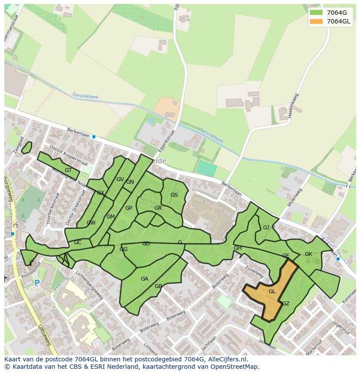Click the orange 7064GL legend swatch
pyautogui.click(x=317, y=22)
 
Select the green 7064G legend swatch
pyautogui.click(x=317, y=13)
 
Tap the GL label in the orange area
pyautogui.click(x=272, y=291)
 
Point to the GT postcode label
pyautogui.click(x=68, y=170)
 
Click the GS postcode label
pyautogui.click(x=174, y=195)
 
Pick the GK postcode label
pyautogui.click(x=308, y=254)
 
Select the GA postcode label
pyautogui.click(x=144, y=279)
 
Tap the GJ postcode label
pyautogui.click(x=266, y=228)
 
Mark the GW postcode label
pyautogui.click(x=91, y=223)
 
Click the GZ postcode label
pyautogui.click(x=286, y=304)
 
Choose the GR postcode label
pyautogui.click(x=158, y=208)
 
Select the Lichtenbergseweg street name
pyautogui.click(x=89, y=285)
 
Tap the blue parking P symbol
pyautogui.click(x=37, y=283)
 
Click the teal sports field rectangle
pyautogui.click(x=207, y=169)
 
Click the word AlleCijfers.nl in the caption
pyautogui.click(x=226, y=359)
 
